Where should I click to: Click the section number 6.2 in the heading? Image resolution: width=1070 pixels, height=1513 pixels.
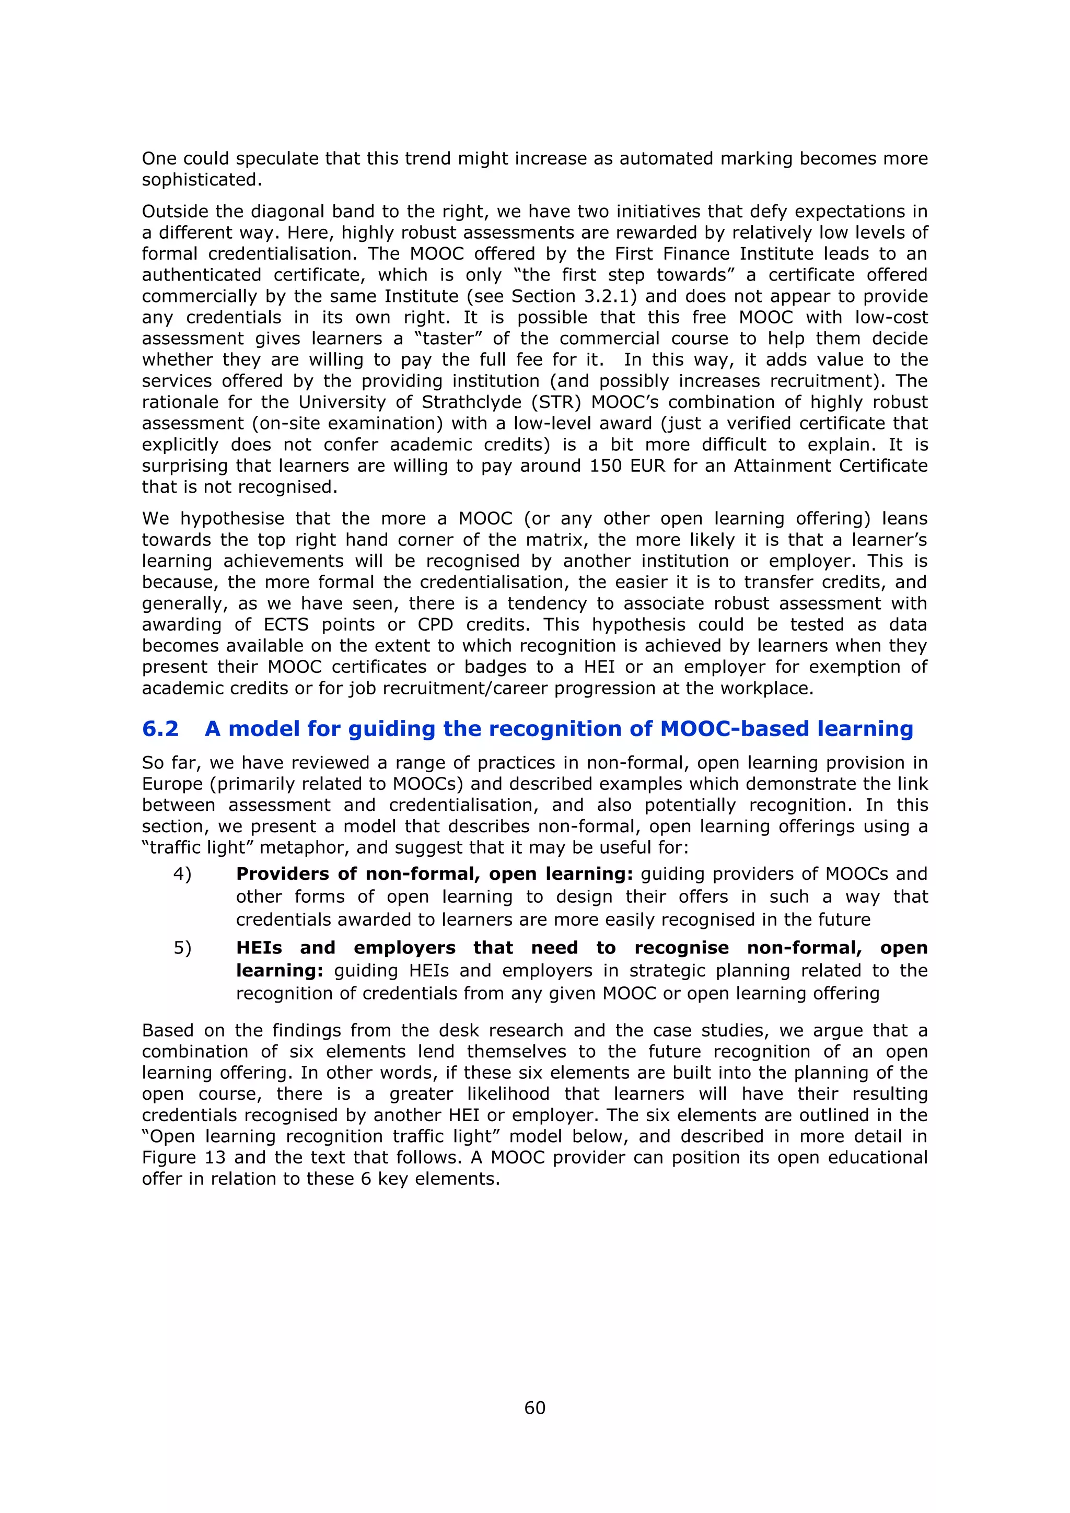click(160, 728)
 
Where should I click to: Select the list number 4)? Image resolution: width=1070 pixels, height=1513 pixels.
click(182, 874)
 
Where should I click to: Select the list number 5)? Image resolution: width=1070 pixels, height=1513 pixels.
click(182, 948)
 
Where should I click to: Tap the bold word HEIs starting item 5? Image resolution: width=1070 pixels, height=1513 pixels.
click(259, 948)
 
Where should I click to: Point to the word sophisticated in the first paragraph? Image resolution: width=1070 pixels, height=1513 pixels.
click(201, 180)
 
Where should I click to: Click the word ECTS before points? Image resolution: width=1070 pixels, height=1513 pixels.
click(286, 625)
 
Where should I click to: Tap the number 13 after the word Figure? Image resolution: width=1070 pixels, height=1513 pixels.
click(215, 1158)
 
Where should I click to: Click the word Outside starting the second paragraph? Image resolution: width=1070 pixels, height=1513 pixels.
click(175, 212)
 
